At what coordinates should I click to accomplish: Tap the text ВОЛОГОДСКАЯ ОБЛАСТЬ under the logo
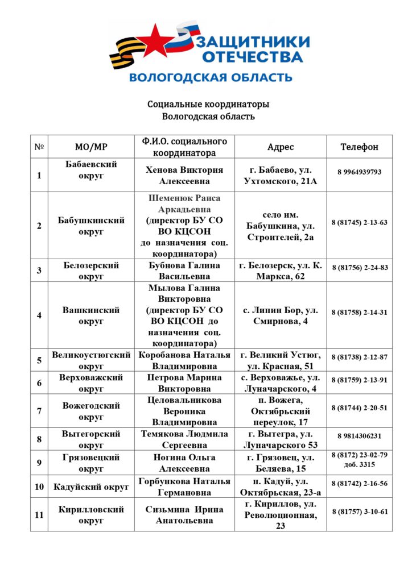[211, 77]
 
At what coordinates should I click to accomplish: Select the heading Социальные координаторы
[208, 105]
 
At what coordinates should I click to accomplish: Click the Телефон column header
[359, 147]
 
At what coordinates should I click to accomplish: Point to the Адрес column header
[281, 147]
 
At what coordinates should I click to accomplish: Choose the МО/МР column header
[91, 147]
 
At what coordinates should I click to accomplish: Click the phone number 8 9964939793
[359, 172]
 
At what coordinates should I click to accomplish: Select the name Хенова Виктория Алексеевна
[184, 175]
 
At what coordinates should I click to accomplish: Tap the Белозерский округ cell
[91, 271]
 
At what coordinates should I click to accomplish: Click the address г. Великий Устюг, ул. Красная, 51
[281, 360]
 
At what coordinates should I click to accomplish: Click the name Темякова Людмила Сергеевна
[184, 439]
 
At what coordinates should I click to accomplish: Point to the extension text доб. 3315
[359, 464]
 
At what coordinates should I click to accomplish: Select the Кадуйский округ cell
[91, 487]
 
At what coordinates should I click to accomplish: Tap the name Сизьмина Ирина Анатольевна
[184, 515]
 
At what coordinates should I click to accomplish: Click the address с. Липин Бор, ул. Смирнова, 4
[281, 316]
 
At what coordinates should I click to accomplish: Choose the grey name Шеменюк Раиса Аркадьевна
[184, 203]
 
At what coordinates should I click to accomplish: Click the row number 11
[39, 515]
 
